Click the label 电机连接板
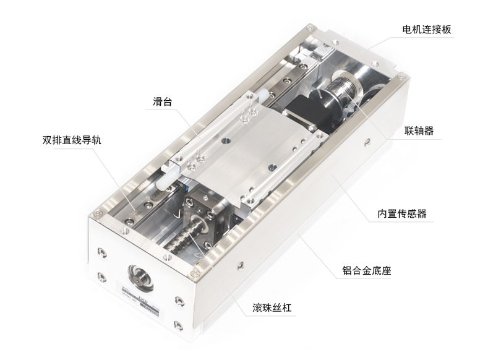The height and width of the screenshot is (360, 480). (x=426, y=30)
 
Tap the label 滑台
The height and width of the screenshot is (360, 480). (x=162, y=101)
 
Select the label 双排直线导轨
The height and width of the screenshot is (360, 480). (x=72, y=140)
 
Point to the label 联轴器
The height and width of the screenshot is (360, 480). (x=419, y=131)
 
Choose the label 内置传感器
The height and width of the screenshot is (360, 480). (x=401, y=213)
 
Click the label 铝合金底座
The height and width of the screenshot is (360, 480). (x=366, y=270)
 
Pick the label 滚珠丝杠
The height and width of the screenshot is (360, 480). (x=272, y=307)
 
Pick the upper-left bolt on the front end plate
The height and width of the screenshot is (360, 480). (x=102, y=252)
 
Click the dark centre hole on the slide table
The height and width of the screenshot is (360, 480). (x=226, y=141)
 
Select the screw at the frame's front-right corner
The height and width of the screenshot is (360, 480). (x=194, y=273)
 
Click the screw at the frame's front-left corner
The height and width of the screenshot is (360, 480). (x=97, y=212)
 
